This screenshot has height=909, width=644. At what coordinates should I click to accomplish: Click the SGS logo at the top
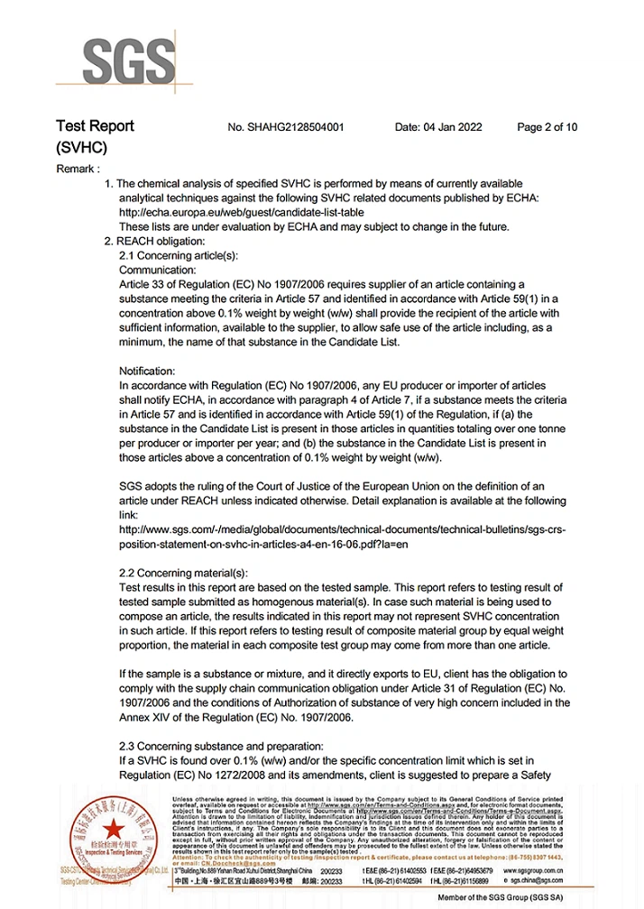click(128, 63)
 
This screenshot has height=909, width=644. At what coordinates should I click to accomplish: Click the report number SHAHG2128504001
click(286, 127)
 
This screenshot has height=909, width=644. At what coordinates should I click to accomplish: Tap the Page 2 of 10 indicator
click(547, 127)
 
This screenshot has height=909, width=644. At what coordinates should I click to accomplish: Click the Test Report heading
click(95, 126)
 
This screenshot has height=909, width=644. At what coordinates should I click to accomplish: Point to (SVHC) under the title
click(81, 147)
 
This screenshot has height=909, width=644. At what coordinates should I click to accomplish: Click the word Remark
click(78, 169)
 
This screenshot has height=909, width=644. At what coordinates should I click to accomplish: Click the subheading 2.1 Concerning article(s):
click(179, 255)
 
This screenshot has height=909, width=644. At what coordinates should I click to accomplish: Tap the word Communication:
click(157, 270)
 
